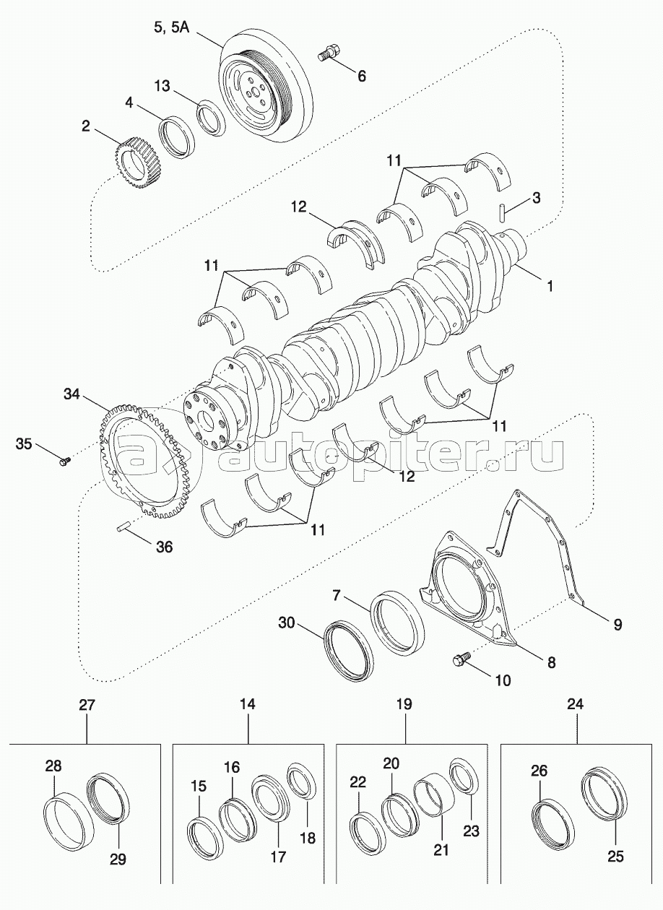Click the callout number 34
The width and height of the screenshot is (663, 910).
71,394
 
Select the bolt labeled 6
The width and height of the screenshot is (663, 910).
329,53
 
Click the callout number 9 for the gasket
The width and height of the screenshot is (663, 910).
617,624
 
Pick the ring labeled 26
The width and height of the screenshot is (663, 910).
552,821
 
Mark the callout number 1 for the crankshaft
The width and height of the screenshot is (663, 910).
550,286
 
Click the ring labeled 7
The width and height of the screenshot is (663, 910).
398,622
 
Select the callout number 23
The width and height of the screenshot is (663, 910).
471,831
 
